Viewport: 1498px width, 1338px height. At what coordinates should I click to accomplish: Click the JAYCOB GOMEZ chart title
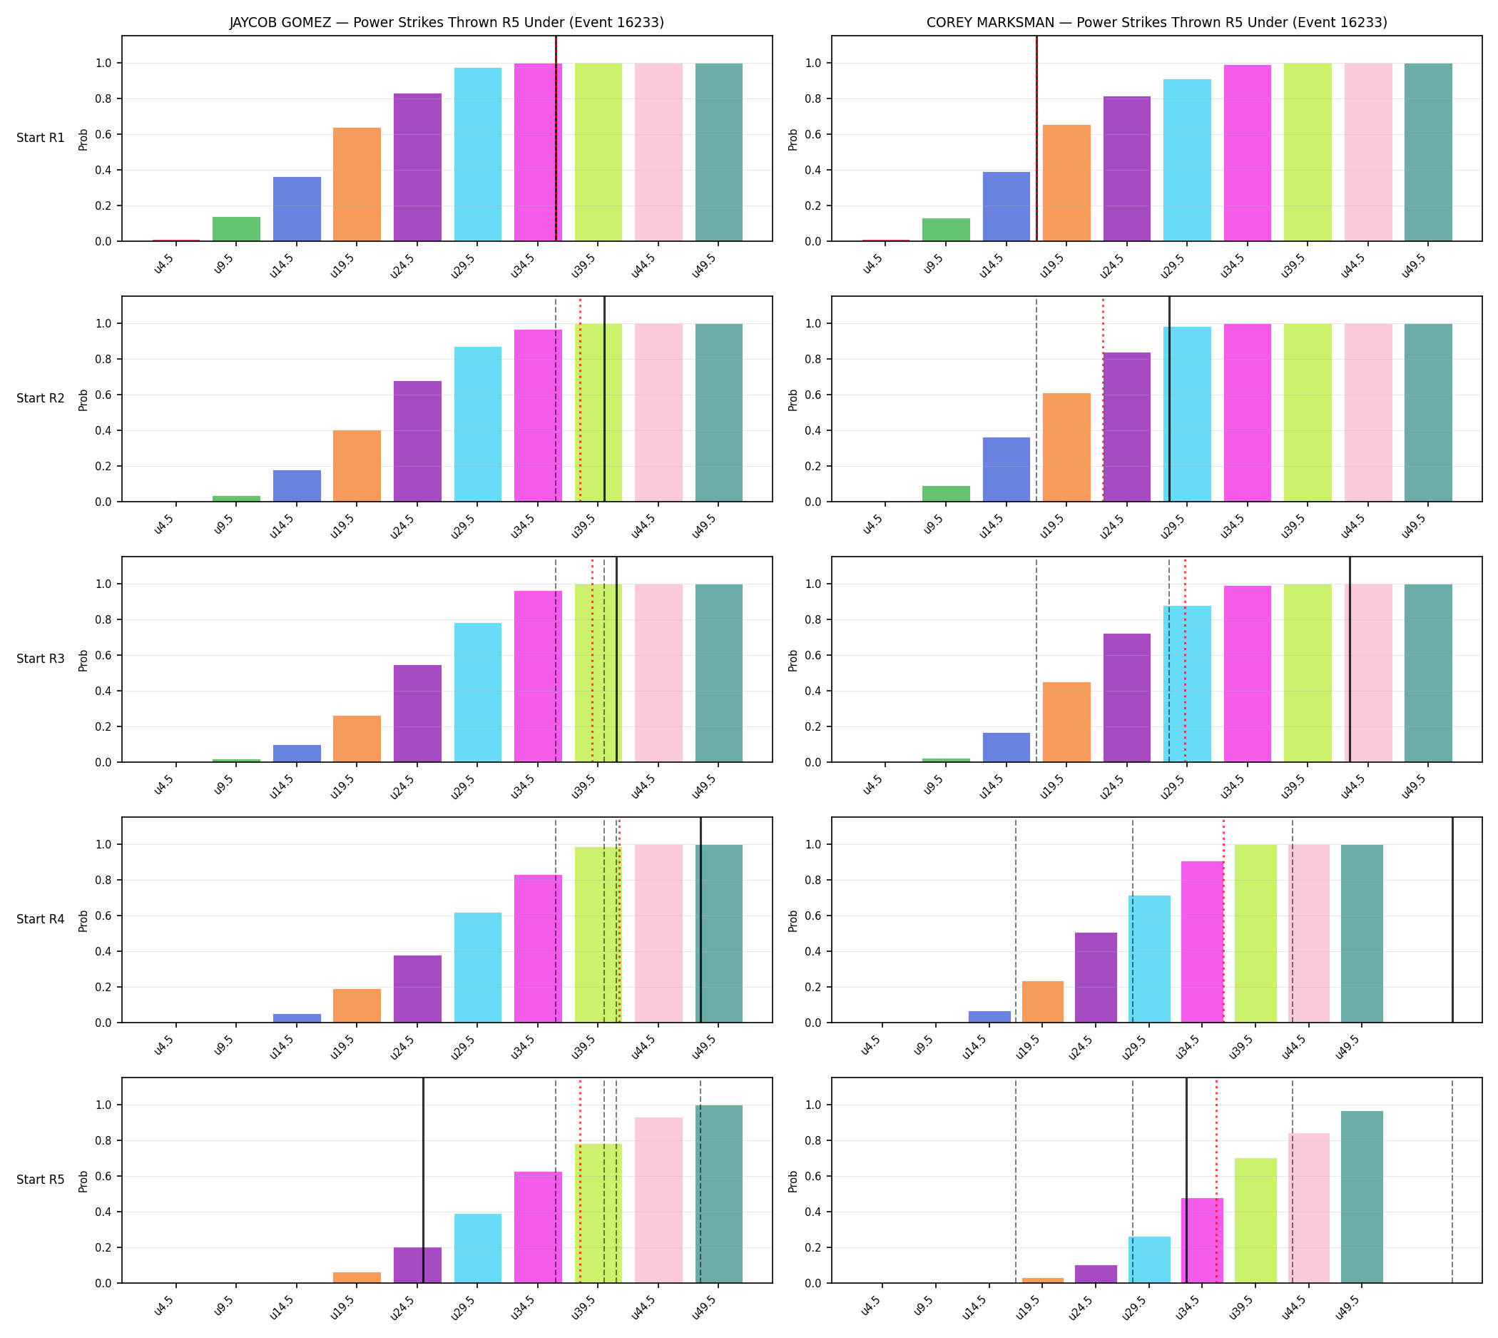(446, 22)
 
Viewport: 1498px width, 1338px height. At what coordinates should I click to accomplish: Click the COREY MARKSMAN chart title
(1156, 22)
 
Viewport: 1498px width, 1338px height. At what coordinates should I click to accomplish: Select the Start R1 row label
(41, 138)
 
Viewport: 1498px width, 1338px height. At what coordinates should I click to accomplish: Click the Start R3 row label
(41, 659)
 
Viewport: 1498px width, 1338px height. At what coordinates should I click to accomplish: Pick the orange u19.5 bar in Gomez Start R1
(357, 185)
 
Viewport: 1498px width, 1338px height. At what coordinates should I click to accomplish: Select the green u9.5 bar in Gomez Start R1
(236, 228)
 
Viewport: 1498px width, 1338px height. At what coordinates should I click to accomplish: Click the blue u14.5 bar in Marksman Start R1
(1006, 206)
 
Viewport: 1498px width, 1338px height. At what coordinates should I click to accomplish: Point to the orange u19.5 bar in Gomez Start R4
(357, 1005)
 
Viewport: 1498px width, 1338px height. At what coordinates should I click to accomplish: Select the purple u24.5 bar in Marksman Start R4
(1095, 978)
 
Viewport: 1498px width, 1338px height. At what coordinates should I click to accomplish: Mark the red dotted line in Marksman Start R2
(1103, 399)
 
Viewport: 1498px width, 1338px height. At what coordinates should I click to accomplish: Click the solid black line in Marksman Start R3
(1350, 659)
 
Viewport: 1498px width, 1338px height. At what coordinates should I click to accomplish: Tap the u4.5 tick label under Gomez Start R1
(163, 264)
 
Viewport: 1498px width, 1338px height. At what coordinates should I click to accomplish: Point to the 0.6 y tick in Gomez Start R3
(103, 655)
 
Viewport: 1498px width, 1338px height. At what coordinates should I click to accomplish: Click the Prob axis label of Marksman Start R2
(793, 399)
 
